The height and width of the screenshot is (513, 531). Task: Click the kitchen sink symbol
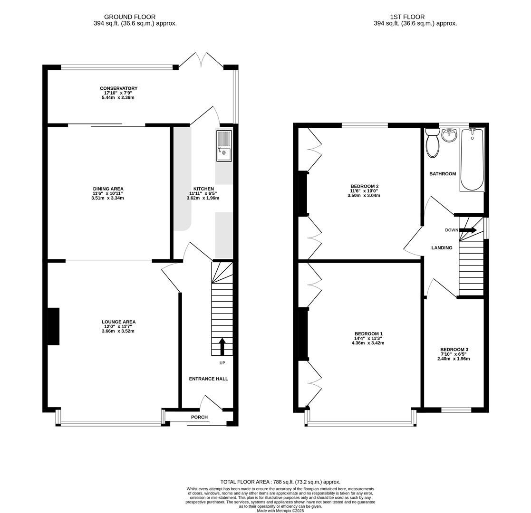click(224, 145)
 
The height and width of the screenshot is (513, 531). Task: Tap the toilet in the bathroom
click(433, 143)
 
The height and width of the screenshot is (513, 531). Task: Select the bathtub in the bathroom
click(472, 160)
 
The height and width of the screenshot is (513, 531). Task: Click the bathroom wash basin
click(449, 135)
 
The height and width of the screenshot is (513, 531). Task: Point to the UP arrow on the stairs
click(222, 346)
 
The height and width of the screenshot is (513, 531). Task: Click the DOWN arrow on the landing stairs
click(468, 230)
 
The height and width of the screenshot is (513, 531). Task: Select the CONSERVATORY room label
click(118, 88)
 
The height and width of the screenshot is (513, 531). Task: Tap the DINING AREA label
click(108, 189)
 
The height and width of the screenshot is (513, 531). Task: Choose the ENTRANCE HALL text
click(208, 379)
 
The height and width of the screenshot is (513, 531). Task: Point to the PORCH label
click(199, 417)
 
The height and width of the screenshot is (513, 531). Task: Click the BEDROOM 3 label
click(454, 350)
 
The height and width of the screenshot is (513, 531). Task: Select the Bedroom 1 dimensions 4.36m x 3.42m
click(367, 343)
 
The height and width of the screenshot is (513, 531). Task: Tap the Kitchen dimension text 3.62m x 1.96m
click(203, 198)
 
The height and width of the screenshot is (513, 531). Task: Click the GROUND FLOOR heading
click(130, 17)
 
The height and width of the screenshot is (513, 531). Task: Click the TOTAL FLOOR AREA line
click(280, 482)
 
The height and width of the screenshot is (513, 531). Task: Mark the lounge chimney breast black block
click(53, 326)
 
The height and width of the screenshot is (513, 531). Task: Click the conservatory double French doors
click(201, 60)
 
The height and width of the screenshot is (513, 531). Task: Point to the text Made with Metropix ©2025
click(280, 511)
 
